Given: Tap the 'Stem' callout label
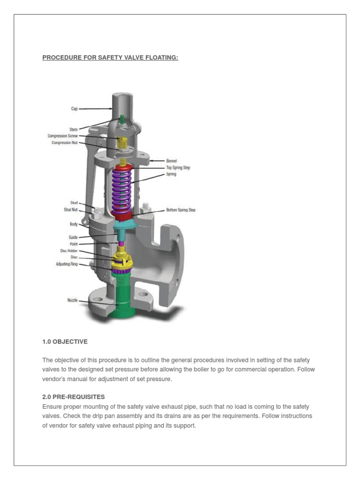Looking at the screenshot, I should coord(74,129).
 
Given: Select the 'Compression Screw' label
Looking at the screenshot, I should coord(63,136).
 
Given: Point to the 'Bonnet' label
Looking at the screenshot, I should coord(172,160).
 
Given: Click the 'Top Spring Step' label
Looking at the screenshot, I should coord(178,167).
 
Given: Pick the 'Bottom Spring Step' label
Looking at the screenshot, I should coord(180,210).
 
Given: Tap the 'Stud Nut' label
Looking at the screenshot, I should coord(71,210).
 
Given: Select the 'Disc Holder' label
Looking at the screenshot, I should coord(69,251).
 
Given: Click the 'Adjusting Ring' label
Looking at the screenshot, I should coord(67,264).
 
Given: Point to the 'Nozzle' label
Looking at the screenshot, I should coord(73,300).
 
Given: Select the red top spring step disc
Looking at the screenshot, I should coord(123,167).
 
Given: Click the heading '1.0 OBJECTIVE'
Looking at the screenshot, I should coord(65,342).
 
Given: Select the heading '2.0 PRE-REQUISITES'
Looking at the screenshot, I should coord(74,397).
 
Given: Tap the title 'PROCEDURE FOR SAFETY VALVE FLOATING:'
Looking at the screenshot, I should coord(110,58).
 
